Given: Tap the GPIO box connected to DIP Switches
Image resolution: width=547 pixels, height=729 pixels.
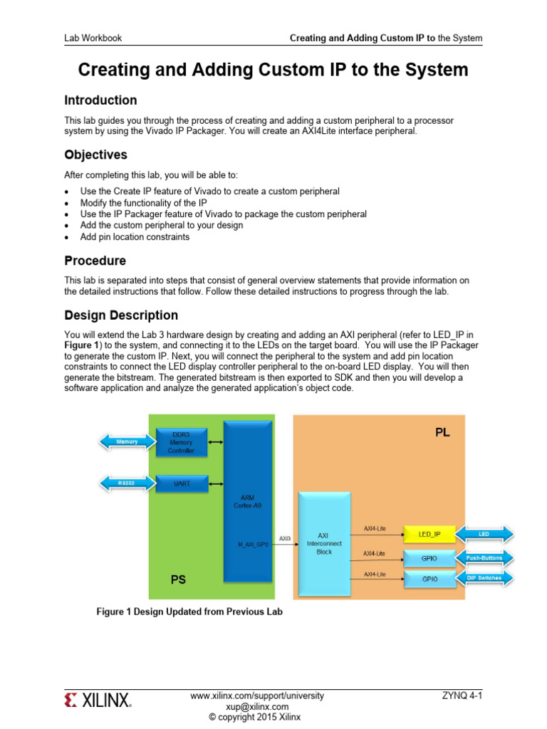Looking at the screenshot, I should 429,579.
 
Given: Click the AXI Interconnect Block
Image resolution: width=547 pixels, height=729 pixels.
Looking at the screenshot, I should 324,545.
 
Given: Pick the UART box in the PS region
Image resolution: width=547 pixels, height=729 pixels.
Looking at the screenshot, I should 181,483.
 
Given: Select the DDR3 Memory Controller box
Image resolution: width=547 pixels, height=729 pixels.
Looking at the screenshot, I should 181,442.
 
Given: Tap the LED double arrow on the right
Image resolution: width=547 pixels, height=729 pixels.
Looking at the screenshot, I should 484,534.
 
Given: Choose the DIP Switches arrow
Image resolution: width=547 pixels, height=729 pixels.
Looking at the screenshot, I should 484,578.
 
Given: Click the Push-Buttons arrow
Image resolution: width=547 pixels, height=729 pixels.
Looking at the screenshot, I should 484,558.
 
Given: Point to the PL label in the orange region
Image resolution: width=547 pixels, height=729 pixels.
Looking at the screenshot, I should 442,432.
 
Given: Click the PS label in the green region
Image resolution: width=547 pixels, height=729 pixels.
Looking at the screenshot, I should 178,580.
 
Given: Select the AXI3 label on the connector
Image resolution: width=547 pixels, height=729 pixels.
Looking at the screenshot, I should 284,539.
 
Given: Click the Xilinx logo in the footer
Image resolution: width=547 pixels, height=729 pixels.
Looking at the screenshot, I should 98,701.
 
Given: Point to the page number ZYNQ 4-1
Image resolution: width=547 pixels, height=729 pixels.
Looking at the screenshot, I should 463,696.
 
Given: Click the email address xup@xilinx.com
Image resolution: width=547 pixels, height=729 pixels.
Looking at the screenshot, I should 257,706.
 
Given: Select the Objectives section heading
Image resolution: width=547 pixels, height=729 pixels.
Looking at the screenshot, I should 96,154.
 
